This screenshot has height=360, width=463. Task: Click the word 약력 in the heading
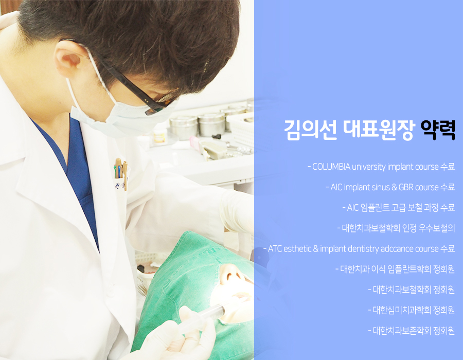(437, 130)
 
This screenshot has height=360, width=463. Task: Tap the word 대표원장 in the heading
(379, 130)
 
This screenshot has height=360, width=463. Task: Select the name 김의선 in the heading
(310, 130)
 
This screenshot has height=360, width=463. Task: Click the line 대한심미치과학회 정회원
(412, 310)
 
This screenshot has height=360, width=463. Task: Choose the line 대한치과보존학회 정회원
(412, 331)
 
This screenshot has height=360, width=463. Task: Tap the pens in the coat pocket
(121, 170)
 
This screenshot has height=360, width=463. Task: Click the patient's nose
(232, 274)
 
